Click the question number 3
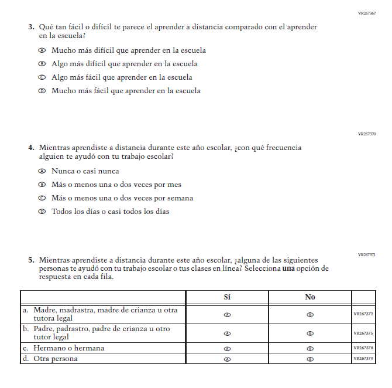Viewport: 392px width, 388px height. click(x=31, y=27)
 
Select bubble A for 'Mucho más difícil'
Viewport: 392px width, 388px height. click(x=42, y=50)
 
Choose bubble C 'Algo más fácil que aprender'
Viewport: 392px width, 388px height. click(x=42, y=77)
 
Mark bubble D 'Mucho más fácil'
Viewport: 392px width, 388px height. click(x=42, y=91)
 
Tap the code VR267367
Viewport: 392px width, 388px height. click(x=367, y=13)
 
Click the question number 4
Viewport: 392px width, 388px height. click(x=31, y=148)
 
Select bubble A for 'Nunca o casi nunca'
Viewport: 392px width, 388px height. click(x=42, y=171)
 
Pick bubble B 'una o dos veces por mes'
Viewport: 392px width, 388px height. click(x=42, y=185)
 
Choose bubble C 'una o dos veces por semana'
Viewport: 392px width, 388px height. click(x=42, y=198)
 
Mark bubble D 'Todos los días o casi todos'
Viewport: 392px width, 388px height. click(x=42, y=212)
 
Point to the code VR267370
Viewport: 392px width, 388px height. click(x=367, y=134)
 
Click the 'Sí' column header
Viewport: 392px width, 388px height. click(x=227, y=297)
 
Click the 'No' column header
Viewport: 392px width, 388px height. click(x=310, y=297)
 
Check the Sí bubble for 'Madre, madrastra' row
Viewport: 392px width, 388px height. click(x=227, y=314)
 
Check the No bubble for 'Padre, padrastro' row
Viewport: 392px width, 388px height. click(x=310, y=333)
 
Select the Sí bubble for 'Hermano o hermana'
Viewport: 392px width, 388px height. click(x=227, y=348)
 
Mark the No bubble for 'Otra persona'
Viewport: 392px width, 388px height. click(x=310, y=359)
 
